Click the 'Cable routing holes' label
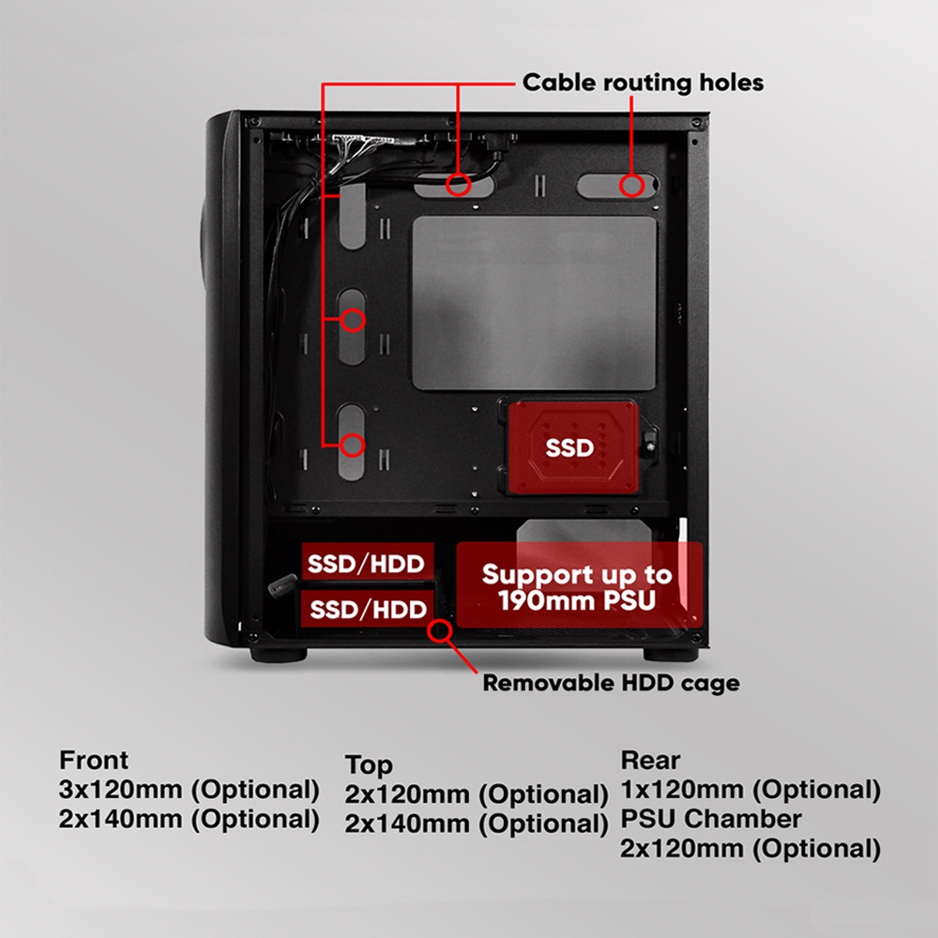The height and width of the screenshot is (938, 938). pyautogui.click(x=643, y=83)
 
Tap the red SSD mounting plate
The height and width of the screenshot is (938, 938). pyautogui.click(x=570, y=448)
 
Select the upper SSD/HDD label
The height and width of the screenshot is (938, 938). pyautogui.click(x=368, y=564)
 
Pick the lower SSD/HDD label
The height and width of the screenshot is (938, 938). pyautogui.click(x=368, y=610)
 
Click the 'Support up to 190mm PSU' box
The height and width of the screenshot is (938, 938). pyautogui.click(x=578, y=587)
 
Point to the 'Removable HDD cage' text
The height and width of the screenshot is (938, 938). pyautogui.click(x=611, y=683)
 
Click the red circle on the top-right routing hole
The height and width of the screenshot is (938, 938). pyautogui.click(x=631, y=185)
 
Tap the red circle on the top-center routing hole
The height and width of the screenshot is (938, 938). pyautogui.click(x=458, y=183)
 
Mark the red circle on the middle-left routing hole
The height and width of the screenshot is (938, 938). pyautogui.click(x=352, y=321)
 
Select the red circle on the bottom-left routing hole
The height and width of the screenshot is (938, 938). pyautogui.click(x=352, y=445)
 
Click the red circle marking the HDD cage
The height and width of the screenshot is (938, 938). pyautogui.click(x=438, y=630)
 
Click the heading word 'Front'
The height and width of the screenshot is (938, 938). pyautogui.click(x=94, y=760)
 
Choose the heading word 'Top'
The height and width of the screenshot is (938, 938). pyautogui.click(x=369, y=764)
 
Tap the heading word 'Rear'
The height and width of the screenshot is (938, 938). pyautogui.click(x=650, y=760)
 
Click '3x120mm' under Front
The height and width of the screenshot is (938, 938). pyautogui.click(x=121, y=790)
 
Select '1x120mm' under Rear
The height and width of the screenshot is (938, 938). pyautogui.click(x=683, y=790)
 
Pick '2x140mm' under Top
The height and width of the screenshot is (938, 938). pyautogui.click(x=408, y=824)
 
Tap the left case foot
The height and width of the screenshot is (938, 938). pyautogui.click(x=278, y=655)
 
